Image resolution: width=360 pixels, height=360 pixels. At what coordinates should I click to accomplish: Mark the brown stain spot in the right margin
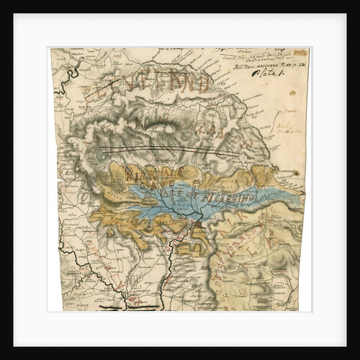pos(295,173)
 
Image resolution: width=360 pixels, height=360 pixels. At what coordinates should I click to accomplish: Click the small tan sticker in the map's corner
pos(300,53)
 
